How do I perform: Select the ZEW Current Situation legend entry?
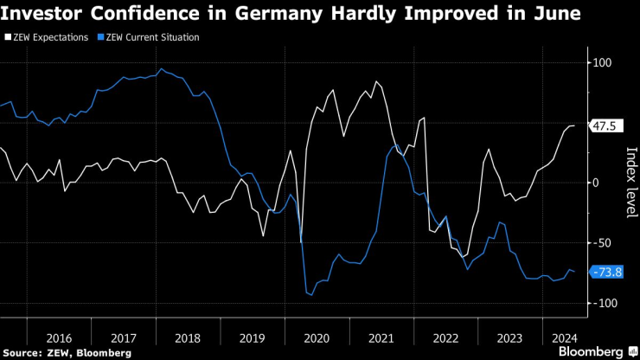[149, 38]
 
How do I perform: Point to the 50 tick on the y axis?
[602, 123]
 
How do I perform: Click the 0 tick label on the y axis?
[596, 183]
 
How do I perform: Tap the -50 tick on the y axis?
[602, 242]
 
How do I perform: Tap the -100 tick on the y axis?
[602, 303]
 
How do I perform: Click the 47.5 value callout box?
[604, 126]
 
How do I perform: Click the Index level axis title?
[630, 183]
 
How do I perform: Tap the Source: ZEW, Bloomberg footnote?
[67, 352]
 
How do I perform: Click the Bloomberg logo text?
[591, 351]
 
